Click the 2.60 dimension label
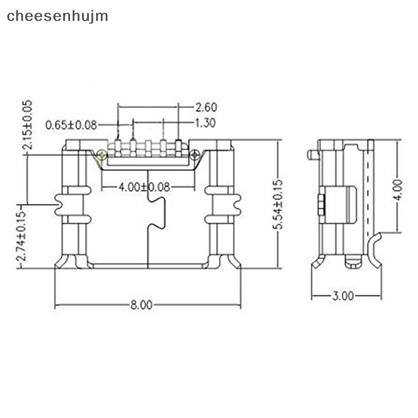point(205,108)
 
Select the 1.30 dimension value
point(205,123)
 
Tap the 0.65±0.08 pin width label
point(71,125)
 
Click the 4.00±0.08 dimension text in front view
point(144,187)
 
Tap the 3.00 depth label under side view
point(342,296)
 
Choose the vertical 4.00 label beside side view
point(398,190)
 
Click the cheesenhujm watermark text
point(57,16)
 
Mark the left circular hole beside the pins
point(101,154)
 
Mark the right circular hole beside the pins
point(194,154)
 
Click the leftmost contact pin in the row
point(118,147)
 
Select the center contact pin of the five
point(148,148)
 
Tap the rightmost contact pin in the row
point(178,147)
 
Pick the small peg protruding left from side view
point(312,155)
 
